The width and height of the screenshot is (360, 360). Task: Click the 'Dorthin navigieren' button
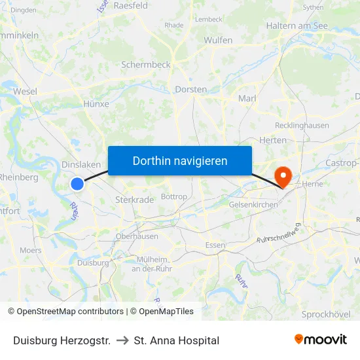(x=179, y=160)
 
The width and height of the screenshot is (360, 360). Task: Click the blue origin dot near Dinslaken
(x=77, y=184)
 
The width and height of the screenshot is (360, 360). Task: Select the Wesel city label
(x=25, y=92)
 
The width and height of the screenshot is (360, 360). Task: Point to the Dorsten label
(x=191, y=89)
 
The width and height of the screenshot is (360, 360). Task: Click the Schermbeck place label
(x=146, y=65)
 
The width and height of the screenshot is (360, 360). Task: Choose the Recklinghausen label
(x=302, y=125)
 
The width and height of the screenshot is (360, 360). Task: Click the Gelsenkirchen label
(x=253, y=205)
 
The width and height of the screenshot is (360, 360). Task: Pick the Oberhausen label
(x=136, y=236)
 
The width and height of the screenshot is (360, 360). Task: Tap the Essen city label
(x=215, y=245)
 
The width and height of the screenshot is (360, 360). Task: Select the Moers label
(x=30, y=250)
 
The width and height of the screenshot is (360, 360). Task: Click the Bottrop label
(x=173, y=196)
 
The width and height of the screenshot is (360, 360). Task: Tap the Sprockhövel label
(x=326, y=314)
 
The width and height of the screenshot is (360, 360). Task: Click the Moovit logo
(x=320, y=339)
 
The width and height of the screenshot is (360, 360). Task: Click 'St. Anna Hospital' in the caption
(x=176, y=340)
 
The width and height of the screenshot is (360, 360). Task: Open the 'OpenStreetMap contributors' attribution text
(x=70, y=312)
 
